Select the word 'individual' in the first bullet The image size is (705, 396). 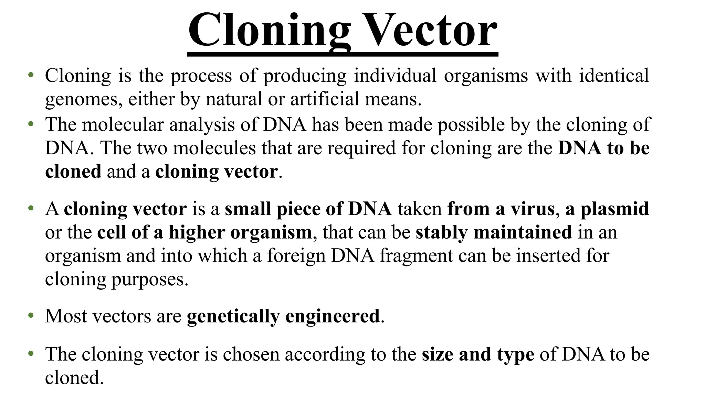click(395, 76)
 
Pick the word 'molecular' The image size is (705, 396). click(123, 124)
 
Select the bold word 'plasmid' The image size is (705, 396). click(614, 209)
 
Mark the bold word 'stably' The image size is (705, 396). click(441, 232)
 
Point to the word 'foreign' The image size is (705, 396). click(296, 256)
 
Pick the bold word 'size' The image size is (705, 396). click(437, 354)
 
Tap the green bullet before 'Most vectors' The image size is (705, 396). click(31, 315)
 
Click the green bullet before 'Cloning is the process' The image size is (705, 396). click(31, 75)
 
